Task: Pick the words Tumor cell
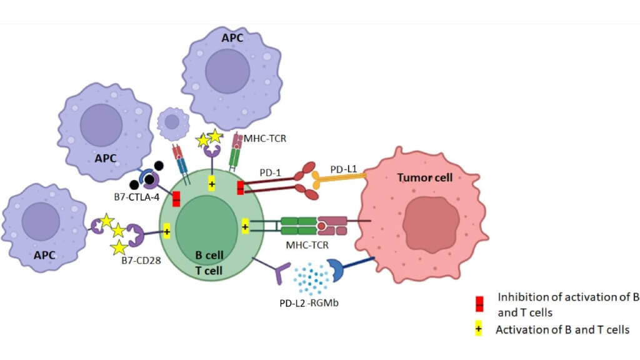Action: tap(425, 178)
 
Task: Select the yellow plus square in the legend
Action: tap(479, 329)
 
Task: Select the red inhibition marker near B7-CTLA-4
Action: tap(176, 199)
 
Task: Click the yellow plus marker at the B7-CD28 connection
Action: tap(167, 231)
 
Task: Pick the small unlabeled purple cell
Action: tap(172, 123)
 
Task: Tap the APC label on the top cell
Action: tap(233, 38)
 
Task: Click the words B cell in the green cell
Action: tap(209, 255)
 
